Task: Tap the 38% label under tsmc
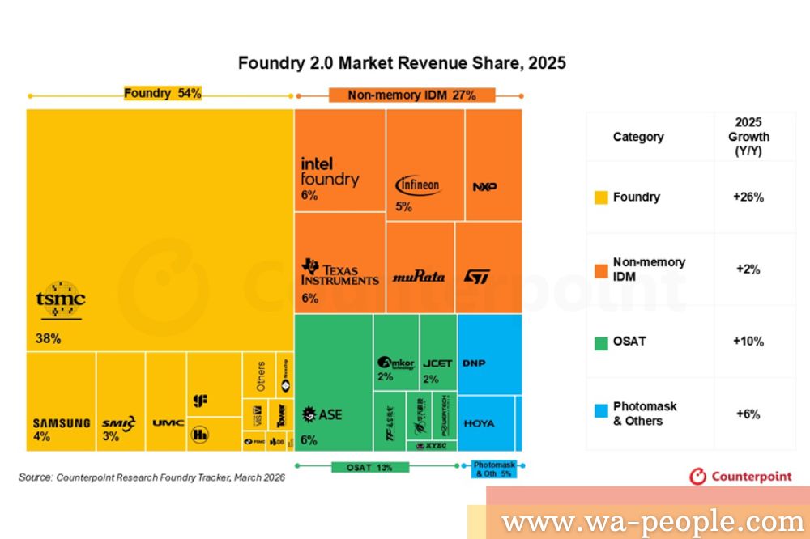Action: [48, 338]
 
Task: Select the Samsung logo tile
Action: [61, 422]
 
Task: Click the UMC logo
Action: [168, 422]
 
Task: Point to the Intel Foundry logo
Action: [329, 172]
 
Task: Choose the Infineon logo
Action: [418, 185]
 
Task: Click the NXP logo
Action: [484, 187]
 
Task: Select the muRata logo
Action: [418, 276]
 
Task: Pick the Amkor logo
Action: [396, 363]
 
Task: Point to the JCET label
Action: [437, 363]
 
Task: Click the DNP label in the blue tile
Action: [474, 363]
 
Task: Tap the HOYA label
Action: [479, 423]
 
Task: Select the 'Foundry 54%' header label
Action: [162, 93]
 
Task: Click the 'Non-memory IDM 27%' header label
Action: [411, 95]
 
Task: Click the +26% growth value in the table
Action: [748, 197]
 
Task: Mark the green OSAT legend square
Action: [601, 342]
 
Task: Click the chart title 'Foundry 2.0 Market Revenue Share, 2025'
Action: [401, 62]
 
